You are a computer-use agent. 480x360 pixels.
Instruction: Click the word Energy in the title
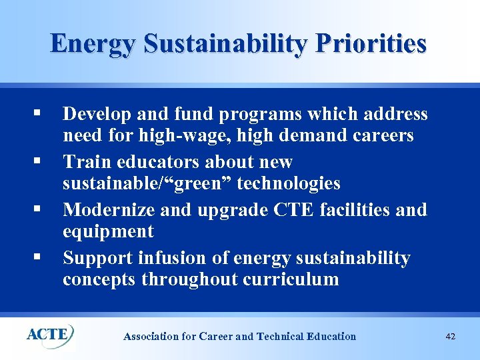94,43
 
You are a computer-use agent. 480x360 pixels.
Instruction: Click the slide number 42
450,337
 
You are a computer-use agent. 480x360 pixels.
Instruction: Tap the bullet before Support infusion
43,257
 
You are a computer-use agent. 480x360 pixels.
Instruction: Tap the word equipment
108,232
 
